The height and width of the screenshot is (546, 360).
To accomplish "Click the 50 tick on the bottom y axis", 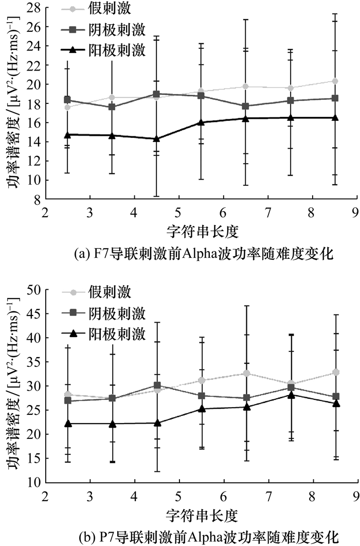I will [x=35, y=290].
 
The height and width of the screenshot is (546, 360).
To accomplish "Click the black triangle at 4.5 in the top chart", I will [x=156, y=139].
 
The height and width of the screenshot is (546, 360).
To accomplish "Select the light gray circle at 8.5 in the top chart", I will [x=335, y=81].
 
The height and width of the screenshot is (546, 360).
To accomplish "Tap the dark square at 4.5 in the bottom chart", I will [x=156, y=385].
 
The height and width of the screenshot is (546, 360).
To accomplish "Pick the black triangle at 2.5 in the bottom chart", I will [x=67, y=424].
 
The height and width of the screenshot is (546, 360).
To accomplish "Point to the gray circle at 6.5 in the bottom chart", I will [x=246, y=373].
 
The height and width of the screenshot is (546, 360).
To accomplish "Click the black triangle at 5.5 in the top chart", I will [x=201, y=122].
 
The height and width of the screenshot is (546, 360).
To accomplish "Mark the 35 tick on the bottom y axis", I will [x=35, y=362].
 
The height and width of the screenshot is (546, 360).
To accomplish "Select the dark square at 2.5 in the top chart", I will [x=67, y=100].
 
